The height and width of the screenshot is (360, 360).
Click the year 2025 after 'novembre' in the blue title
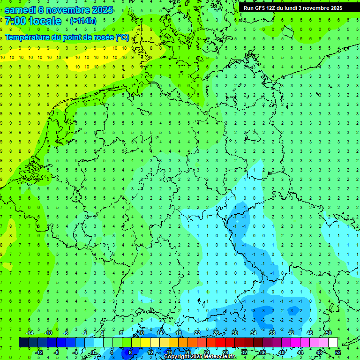pyautogui.click(x=98, y=10)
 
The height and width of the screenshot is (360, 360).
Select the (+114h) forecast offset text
pyautogui.click(x=83, y=21)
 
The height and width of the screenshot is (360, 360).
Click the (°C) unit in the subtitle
pyautogui.click(x=122, y=37)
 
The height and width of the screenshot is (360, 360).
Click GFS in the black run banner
pyautogui.click(x=260, y=8)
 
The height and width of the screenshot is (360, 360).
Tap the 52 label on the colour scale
pyautogui.click(x=337, y=352)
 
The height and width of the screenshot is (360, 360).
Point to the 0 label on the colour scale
pyautogui.click(x=93, y=352)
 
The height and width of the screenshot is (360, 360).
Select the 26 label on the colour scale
pyautogui.click(x=216, y=333)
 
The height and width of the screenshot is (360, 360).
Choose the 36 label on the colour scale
pyautogui.click(x=262, y=352)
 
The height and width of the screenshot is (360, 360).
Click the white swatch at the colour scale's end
pyautogui.click(x=333, y=343)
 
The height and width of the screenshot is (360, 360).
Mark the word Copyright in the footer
pyautogui.click(x=176, y=357)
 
